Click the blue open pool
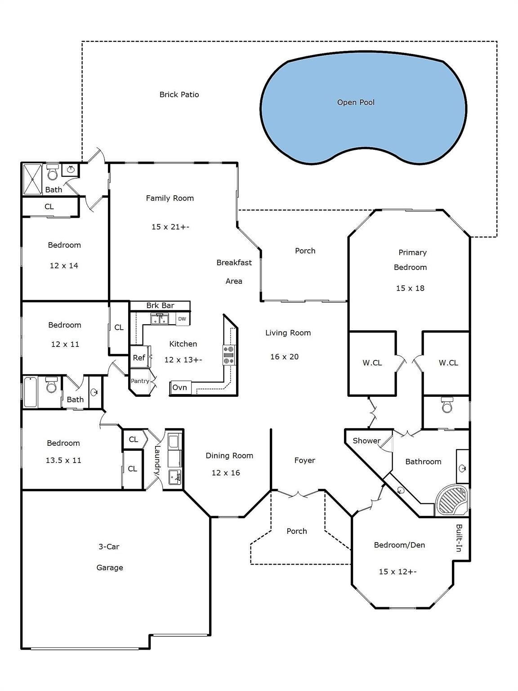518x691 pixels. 363,108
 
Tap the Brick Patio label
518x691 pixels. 179,94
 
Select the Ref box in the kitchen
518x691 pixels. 138,357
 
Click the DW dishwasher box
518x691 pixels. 182,319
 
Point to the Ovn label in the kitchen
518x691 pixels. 179,387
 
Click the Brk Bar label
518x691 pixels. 160,305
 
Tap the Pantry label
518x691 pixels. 140,381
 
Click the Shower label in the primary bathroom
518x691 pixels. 366,440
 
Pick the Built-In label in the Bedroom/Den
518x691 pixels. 459,538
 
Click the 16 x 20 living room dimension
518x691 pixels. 284,357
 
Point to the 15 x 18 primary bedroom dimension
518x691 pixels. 410,288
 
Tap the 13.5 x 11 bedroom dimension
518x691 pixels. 63,460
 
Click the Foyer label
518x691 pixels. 304,460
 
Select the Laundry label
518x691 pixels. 157,460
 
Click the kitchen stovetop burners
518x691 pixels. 229,355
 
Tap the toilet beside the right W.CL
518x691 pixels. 447,405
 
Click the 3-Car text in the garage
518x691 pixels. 109,547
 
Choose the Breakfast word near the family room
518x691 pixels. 234,263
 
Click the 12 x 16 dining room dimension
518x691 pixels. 226,472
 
